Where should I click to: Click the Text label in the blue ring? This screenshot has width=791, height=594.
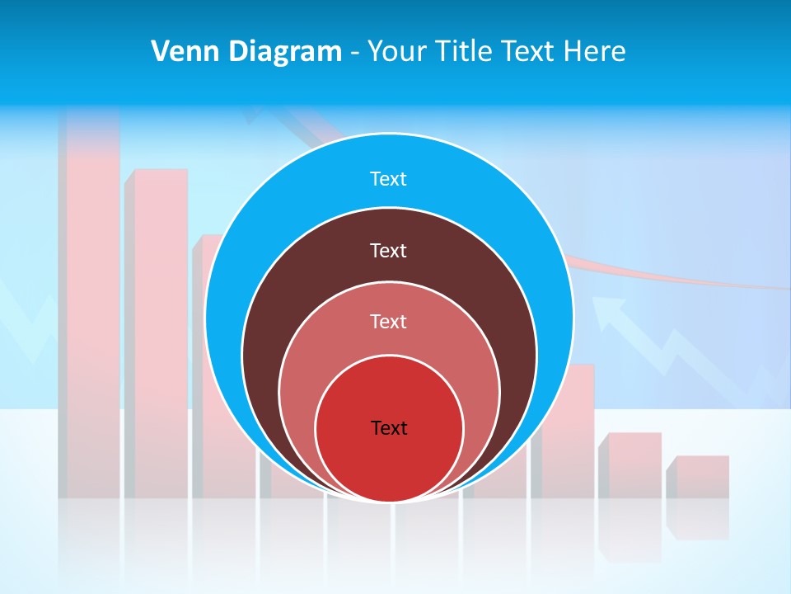(x=388, y=179)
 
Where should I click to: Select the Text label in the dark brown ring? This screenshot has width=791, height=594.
(x=388, y=251)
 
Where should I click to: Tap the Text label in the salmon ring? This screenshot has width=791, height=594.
(x=388, y=322)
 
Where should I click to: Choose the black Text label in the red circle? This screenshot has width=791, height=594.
(x=389, y=428)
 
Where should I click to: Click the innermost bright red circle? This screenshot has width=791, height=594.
(x=389, y=462)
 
